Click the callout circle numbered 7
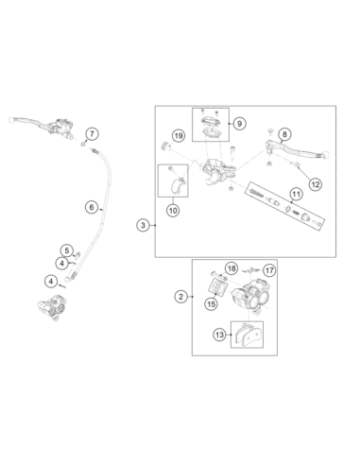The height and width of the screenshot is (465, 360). (x=92, y=134)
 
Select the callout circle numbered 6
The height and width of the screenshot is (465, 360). (x=92, y=207)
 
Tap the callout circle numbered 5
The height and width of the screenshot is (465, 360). (x=67, y=250)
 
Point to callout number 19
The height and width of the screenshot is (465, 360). (x=179, y=136)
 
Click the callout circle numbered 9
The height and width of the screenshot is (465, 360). (x=240, y=124)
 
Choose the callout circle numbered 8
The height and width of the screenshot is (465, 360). (x=284, y=134)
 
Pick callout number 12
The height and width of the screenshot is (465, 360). (x=316, y=184)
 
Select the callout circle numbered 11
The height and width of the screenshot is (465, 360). (x=296, y=194)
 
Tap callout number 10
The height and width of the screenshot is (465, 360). (x=173, y=210)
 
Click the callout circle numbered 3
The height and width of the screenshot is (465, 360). (x=144, y=225)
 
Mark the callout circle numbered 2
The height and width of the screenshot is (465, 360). (x=180, y=297)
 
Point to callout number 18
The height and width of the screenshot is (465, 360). (x=231, y=268)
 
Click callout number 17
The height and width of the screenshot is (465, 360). (x=269, y=270)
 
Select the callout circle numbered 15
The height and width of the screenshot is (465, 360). (x=212, y=304)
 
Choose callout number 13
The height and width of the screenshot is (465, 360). (x=219, y=335)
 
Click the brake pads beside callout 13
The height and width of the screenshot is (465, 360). (x=248, y=335)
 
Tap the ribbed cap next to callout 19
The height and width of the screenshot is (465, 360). (x=164, y=146)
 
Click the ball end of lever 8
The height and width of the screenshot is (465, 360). (x=326, y=155)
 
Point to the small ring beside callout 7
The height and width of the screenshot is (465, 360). (x=83, y=144)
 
